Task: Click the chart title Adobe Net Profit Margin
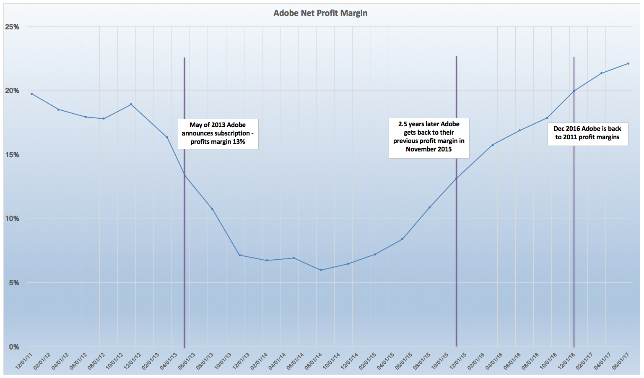pos(320,13)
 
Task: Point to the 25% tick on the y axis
pos(12,27)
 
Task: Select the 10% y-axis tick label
pos(12,219)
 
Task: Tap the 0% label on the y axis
pos(14,347)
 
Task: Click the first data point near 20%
pos(31,94)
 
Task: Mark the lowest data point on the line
pos(321,270)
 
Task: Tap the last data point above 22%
pos(628,63)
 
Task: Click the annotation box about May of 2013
pos(218,133)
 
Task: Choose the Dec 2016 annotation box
pos(587,133)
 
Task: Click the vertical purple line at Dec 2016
pos(574,210)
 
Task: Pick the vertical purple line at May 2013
pos(184,252)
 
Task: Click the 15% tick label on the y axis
pos(12,155)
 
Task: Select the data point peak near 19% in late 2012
pos(131,104)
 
